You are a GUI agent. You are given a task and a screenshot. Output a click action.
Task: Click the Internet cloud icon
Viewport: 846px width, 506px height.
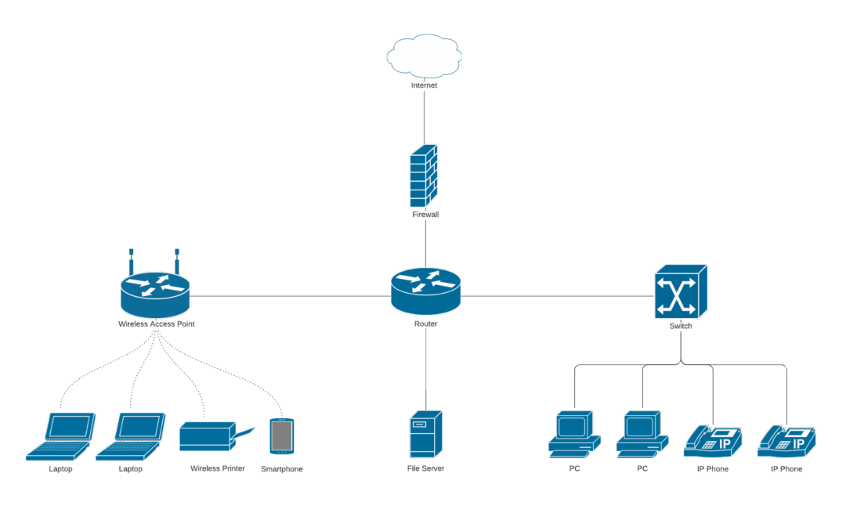pos(424,56)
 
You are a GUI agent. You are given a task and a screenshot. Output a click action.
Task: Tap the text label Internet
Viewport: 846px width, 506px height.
pos(424,85)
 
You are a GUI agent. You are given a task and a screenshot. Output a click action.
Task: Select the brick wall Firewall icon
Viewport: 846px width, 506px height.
pos(424,176)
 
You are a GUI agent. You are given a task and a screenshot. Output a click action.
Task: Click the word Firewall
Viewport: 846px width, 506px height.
pos(425,214)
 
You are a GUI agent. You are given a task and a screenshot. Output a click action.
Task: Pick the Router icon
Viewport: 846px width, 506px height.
pos(425,289)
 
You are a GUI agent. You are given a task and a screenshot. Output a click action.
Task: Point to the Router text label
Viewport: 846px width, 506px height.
pos(425,323)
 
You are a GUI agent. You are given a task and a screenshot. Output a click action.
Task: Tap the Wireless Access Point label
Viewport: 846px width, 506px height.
pos(156,323)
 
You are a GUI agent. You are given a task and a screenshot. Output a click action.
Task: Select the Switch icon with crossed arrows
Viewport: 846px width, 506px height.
pos(680,291)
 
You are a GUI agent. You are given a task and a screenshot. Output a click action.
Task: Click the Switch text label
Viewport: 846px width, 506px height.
pos(681,326)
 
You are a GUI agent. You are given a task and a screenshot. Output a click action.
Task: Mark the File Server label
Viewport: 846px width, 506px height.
pos(426,468)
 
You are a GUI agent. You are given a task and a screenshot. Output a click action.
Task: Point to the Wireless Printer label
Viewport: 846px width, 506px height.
pos(217,468)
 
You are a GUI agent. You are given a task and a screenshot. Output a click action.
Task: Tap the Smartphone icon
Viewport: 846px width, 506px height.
pos(281,436)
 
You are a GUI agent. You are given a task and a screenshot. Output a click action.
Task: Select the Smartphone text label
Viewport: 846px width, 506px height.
pos(281,469)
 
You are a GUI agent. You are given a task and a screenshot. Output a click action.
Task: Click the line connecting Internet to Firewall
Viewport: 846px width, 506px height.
pos(425,117)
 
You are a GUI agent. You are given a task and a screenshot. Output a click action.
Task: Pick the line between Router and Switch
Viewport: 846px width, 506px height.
pos(556,296)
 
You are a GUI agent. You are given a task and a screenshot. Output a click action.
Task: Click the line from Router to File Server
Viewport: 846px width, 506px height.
pos(425,368)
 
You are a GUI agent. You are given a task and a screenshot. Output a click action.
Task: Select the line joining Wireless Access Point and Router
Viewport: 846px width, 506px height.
pos(290,296)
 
